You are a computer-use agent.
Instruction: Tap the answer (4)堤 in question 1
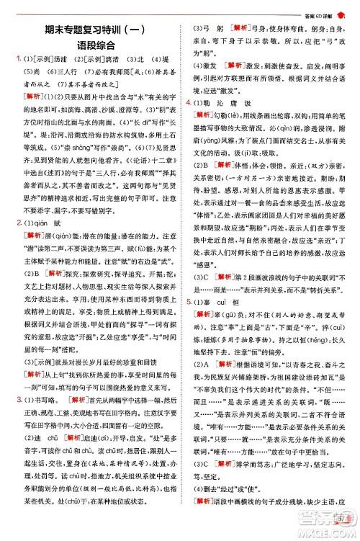coord(157,60)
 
